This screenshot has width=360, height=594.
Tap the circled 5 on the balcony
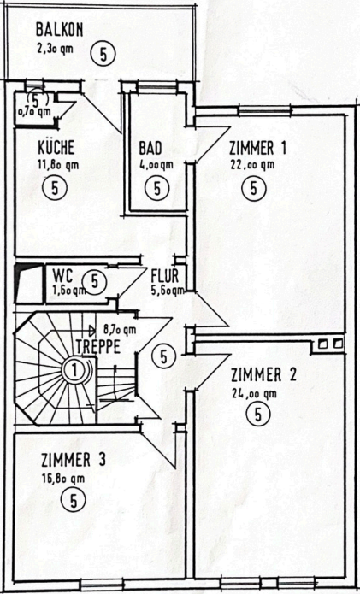[x=103, y=54]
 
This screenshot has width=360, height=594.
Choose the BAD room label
[x=150, y=146]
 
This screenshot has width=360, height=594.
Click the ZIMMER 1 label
[x=257, y=146]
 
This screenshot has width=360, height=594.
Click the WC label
[x=62, y=275]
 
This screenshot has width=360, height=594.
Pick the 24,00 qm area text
[x=254, y=393]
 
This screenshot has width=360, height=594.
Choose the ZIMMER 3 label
[x=73, y=461]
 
